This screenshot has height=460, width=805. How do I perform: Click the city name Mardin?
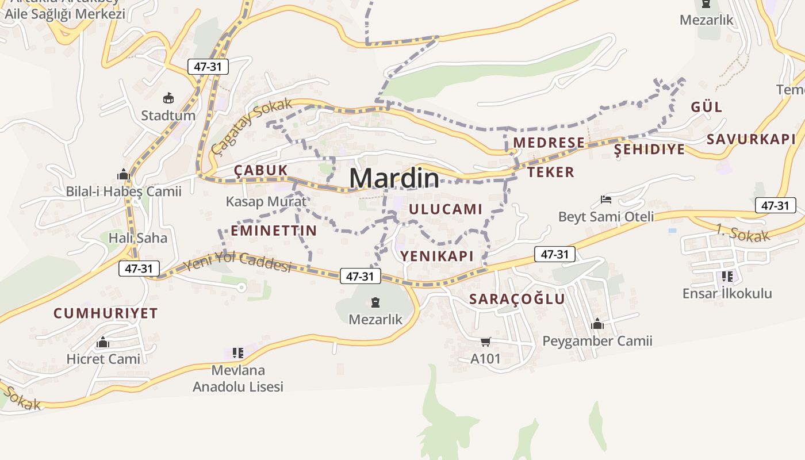coord(394,178)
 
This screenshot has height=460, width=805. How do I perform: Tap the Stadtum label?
coord(168,116)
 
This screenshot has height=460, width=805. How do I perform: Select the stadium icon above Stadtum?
coord(168,98)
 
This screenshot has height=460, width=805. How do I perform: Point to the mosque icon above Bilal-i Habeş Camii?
coord(124,174)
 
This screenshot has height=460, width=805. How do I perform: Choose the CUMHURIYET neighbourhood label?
coord(105,313)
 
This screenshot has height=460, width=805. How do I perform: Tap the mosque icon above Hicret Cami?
coord(103,343)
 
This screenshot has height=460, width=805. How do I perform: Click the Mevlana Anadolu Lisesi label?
coord(238,378)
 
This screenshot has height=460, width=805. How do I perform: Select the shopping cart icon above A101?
coord(485,342)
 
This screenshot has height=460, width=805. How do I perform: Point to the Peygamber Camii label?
coord(597,342)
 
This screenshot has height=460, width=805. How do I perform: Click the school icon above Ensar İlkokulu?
coord(727,277)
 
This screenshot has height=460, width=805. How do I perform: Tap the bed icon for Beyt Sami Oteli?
coord(605,200)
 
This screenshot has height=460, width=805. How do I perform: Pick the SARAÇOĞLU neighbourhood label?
coord(517,299)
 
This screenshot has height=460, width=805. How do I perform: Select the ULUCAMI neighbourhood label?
coord(446,209)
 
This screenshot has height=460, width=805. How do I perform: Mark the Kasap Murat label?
coord(266,202)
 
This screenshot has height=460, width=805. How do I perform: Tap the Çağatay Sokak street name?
coord(252,126)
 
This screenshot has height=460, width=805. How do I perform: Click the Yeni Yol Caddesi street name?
coord(237,262)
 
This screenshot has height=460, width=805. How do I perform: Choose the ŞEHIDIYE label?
coord(649,149)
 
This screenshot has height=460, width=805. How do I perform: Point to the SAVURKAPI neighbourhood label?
coord(751,139)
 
